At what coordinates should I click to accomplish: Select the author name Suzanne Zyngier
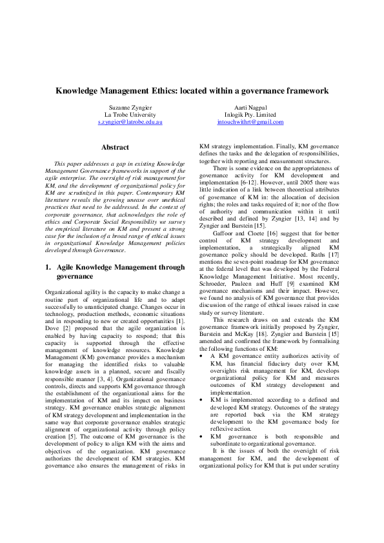tap(130, 107)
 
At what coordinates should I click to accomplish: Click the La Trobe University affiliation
tap(130, 114)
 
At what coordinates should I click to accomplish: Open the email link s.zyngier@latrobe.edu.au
tap(130, 121)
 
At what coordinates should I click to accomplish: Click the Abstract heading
tap(115, 148)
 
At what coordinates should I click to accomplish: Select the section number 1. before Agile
tap(48, 266)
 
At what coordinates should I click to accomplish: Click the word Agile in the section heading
tap(68, 266)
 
